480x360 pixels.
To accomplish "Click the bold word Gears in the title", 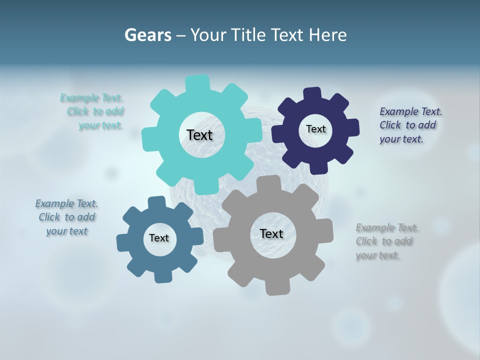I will click(x=147, y=35).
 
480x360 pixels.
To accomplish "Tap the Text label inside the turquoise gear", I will click(x=199, y=135).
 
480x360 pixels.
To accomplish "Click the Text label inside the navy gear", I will click(x=315, y=129).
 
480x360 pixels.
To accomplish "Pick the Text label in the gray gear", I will click(x=271, y=233).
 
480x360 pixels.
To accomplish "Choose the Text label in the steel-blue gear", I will click(x=159, y=238).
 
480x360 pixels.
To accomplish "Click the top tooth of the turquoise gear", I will click(x=197, y=83).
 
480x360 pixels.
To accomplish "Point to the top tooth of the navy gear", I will click(x=312, y=94).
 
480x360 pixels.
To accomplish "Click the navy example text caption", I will click(x=410, y=125).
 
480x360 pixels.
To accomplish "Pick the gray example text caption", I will click(x=387, y=241).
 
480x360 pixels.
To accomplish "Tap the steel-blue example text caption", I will click(x=67, y=217).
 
